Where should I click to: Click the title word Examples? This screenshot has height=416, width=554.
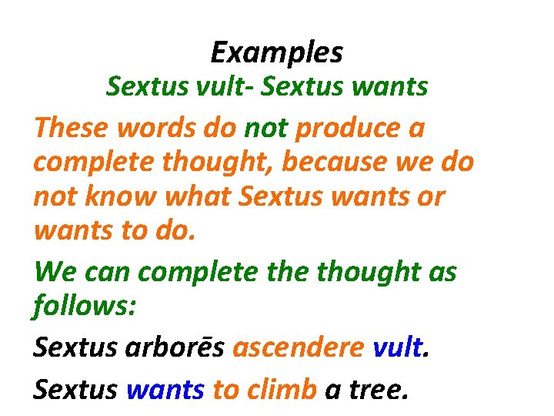[276, 53]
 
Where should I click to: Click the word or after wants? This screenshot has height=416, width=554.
[430, 197]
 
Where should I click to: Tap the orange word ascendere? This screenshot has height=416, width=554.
[298, 348]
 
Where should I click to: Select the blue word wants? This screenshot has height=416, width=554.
[165, 391]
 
